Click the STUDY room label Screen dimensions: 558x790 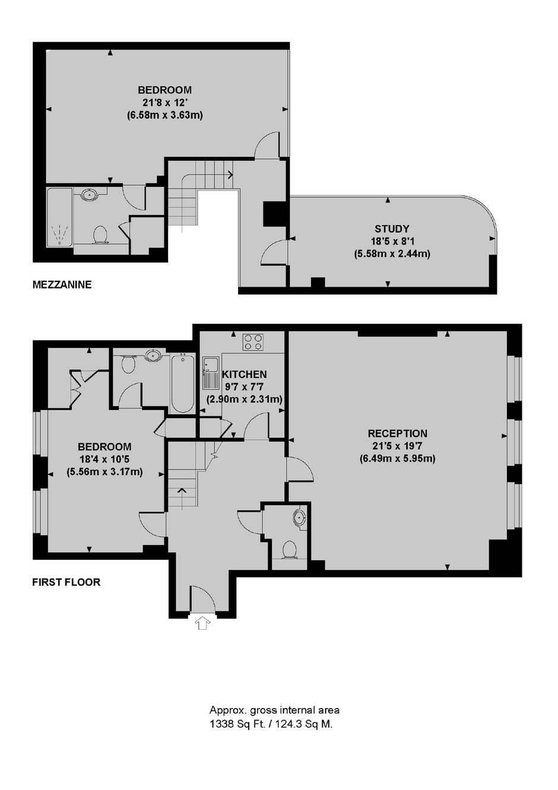[392, 229]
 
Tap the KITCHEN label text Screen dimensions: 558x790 [244, 374]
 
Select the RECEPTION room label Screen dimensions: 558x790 [398, 433]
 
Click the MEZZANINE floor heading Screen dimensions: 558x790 [62, 284]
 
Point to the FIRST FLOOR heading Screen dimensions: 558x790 [66, 582]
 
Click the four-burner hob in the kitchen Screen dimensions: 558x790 [253, 342]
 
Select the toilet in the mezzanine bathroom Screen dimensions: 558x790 [100, 234]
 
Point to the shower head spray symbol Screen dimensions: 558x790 [59, 234]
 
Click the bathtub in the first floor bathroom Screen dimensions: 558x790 [182, 383]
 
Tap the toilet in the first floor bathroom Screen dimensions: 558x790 [128, 364]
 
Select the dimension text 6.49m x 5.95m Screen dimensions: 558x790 [398, 458]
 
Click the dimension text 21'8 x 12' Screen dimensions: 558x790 [164, 103]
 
